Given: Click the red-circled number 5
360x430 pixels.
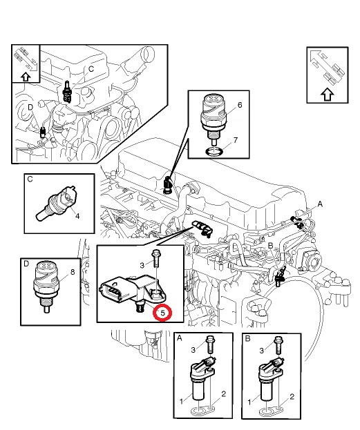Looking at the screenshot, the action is tap(163, 313).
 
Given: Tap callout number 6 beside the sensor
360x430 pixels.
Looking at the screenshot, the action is tap(240, 105).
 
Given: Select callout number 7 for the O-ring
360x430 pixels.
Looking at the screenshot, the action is tap(236, 140).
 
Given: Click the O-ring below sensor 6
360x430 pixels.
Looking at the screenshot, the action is tap(215, 152).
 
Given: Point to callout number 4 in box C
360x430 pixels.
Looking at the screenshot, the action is tap(77, 216).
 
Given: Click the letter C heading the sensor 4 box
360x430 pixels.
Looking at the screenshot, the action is tap(30, 179).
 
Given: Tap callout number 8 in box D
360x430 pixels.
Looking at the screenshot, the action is tap(73, 272).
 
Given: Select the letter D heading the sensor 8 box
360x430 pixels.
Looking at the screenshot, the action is tap(26, 264).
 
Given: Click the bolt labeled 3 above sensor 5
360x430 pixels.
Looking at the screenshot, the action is tap(156, 258).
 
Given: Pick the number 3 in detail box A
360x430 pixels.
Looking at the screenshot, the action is tap(193, 350).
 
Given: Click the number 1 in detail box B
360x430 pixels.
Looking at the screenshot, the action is tap(249, 402).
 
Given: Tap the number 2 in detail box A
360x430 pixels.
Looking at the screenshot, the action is tap(223, 394).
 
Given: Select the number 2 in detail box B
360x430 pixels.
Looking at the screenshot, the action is tap(292, 397).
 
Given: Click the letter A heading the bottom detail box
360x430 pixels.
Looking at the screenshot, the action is tap(180, 338).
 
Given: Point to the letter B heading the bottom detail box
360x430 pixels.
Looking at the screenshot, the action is tap(247, 339).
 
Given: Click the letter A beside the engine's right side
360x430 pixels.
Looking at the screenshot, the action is tap(320, 204).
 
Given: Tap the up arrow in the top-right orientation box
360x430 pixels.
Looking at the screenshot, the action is tap(327, 95).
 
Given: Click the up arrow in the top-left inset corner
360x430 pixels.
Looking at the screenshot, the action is tap(26, 77).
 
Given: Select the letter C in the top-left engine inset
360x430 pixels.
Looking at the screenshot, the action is tap(91, 69).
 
